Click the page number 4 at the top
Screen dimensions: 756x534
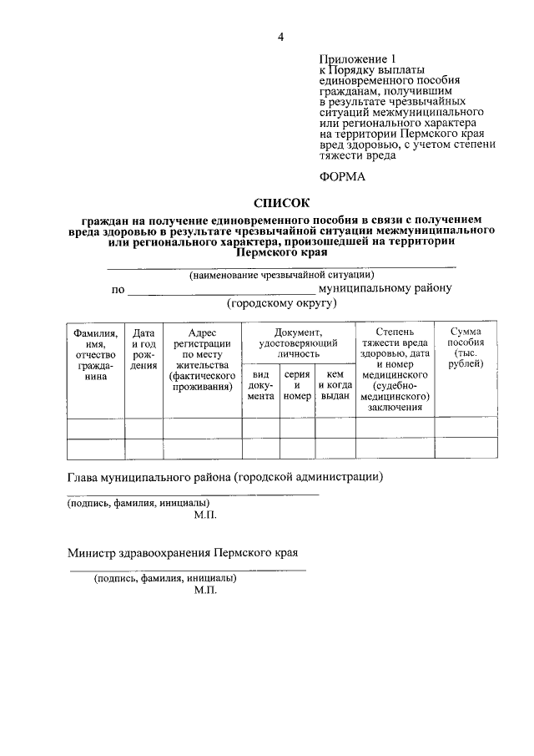[281, 37]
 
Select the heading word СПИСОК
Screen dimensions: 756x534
[280, 202]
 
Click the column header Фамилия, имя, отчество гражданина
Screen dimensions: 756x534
[95, 354]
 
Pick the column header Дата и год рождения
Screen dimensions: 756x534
[144, 348]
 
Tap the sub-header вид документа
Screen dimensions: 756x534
[259, 386]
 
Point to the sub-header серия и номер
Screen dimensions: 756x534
[297, 386]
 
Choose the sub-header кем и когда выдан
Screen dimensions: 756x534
[335, 386]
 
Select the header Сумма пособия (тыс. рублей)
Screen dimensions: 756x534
[465, 348]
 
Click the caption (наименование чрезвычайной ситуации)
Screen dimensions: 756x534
[281, 275]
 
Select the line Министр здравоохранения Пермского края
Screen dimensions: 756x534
[183, 553]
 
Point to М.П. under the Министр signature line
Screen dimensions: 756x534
[204, 590]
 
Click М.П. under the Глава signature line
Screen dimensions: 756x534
[204, 515]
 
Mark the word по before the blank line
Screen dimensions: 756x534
[118, 290]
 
